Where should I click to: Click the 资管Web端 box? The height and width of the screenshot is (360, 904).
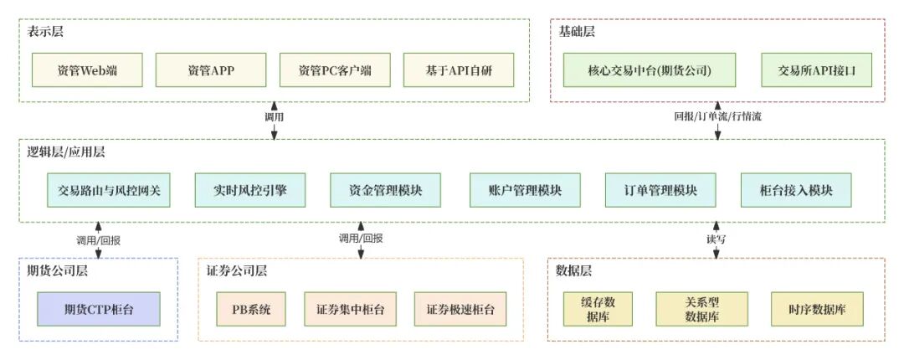(x=87, y=70)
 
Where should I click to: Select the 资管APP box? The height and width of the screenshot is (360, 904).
(x=211, y=70)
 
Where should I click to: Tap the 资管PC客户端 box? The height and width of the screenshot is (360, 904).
(x=334, y=70)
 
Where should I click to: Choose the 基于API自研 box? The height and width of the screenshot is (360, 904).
(x=458, y=70)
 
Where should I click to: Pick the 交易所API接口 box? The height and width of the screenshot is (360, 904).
(x=816, y=70)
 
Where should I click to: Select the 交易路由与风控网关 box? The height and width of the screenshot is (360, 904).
(x=109, y=190)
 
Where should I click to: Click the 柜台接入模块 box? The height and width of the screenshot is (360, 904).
(x=796, y=190)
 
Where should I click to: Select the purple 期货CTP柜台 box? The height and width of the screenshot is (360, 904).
(x=98, y=309)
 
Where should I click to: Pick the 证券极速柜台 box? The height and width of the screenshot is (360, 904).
(x=460, y=309)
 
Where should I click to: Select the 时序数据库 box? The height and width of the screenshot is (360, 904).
(x=817, y=309)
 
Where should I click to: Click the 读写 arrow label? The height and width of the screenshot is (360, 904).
(x=717, y=239)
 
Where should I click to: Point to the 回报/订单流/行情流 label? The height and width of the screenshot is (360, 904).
(x=717, y=116)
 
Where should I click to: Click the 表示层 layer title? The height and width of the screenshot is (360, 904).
(x=45, y=32)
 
